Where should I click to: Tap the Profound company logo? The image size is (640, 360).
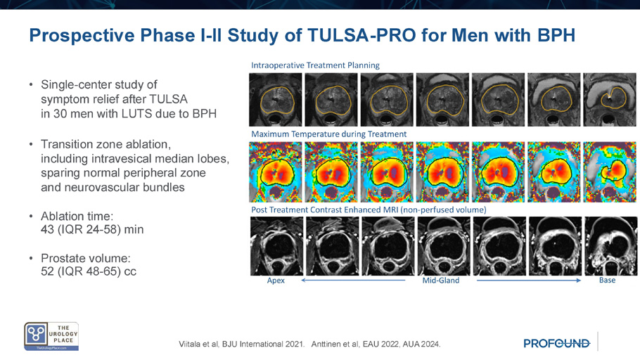click(x=557, y=343)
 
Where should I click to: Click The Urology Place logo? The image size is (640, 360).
click(x=51, y=336)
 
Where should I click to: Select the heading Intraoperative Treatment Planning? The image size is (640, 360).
click(x=315, y=65)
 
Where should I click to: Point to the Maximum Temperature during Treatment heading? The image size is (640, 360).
click(x=329, y=134)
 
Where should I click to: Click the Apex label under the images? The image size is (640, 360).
click(x=276, y=281)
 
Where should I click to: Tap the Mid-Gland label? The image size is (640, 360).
click(x=441, y=281)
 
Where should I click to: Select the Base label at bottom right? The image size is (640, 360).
click(x=608, y=280)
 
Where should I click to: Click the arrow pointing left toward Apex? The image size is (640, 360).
click(x=353, y=280)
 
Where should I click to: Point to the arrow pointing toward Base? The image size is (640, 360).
click(x=529, y=280)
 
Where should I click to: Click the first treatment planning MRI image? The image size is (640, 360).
click(x=276, y=100)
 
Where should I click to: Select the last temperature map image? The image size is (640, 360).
click(x=609, y=172)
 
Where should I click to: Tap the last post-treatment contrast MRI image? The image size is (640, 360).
click(x=610, y=246)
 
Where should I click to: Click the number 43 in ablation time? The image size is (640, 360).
click(x=47, y=229)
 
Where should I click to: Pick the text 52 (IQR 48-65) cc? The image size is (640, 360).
click(x=89, y=271)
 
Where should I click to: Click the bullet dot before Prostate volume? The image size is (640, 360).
click(x=31, y=258)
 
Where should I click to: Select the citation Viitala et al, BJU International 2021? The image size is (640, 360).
click(x=242, y=344)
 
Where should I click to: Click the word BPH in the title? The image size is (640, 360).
click(x=556, y=35)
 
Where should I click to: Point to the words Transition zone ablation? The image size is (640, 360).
click(x=105, y=144)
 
